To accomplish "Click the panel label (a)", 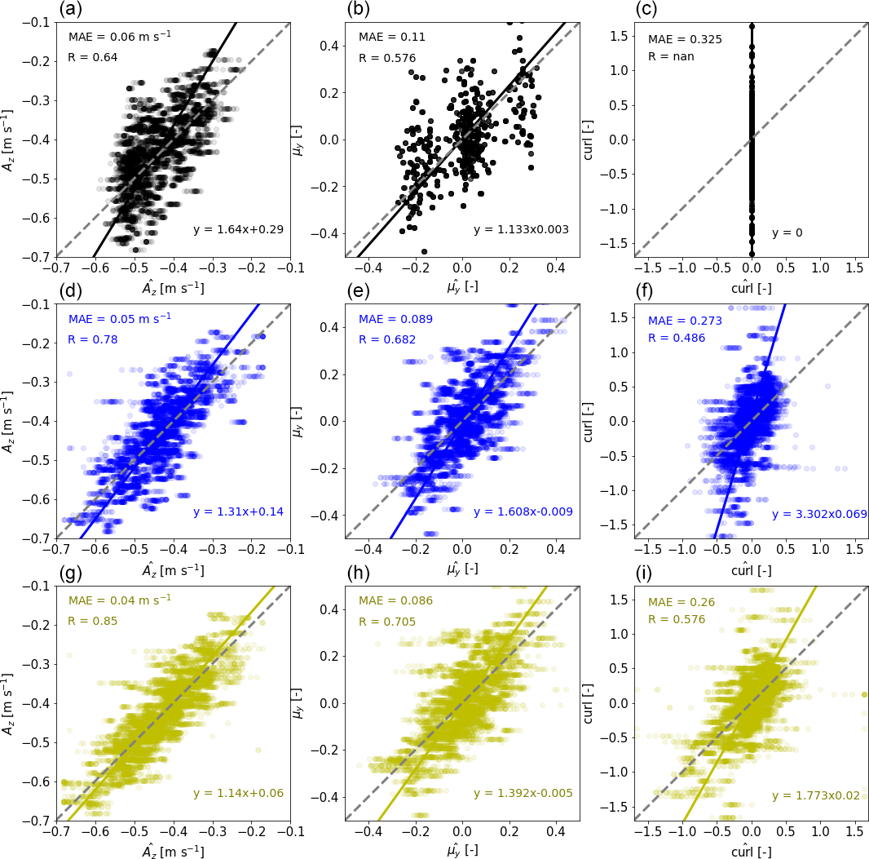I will [x=70, y=10].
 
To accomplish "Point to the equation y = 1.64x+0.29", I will [x=238, y=229].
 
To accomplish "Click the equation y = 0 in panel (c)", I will [x=787, y=232].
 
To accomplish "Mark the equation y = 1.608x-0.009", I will [x=523, y=511].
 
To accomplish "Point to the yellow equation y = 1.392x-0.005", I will [x=523, y=793].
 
